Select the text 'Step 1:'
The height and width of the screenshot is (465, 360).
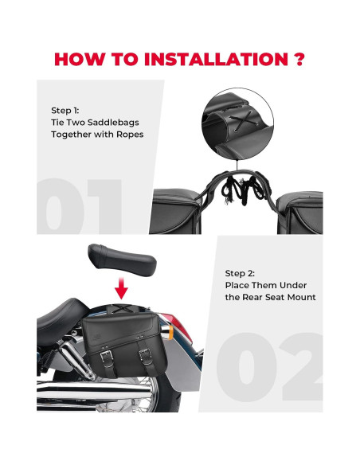66,111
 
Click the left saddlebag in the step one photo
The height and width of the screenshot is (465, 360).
179,212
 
